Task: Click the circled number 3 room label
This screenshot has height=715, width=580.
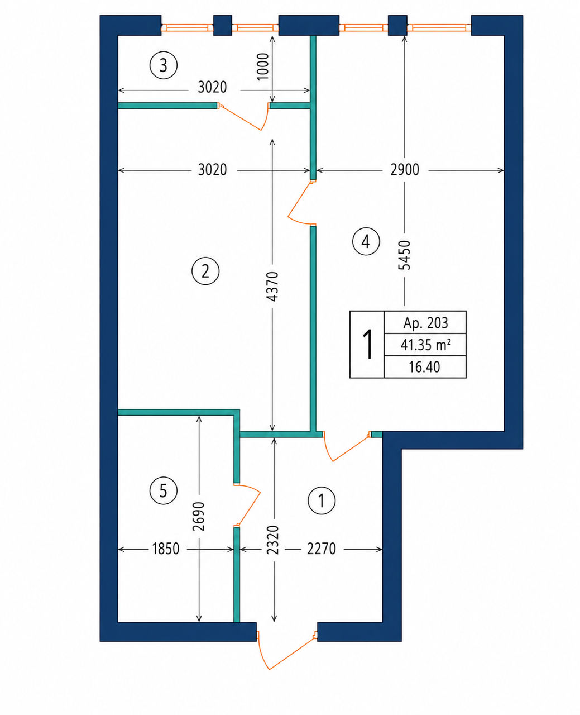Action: (164, 65)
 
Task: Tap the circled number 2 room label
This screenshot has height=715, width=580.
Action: (205, 271)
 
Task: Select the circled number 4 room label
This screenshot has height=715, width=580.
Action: (366, 241)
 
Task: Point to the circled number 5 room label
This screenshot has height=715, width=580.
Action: (164, 491)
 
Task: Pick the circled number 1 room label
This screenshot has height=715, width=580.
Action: (322, 501)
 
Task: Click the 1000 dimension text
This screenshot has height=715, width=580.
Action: (263, 66)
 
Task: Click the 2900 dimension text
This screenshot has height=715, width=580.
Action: (405, 170)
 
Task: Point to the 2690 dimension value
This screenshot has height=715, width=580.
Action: (199, 516)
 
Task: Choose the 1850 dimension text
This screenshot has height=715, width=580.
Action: (166, 549)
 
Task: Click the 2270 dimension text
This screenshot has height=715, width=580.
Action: (322, 549)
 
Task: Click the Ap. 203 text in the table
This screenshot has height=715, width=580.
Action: (425, 323)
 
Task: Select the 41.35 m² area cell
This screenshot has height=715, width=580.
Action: (425, 345)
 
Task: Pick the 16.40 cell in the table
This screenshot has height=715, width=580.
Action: (424, 367)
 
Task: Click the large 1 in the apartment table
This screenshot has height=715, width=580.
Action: (368, 345)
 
